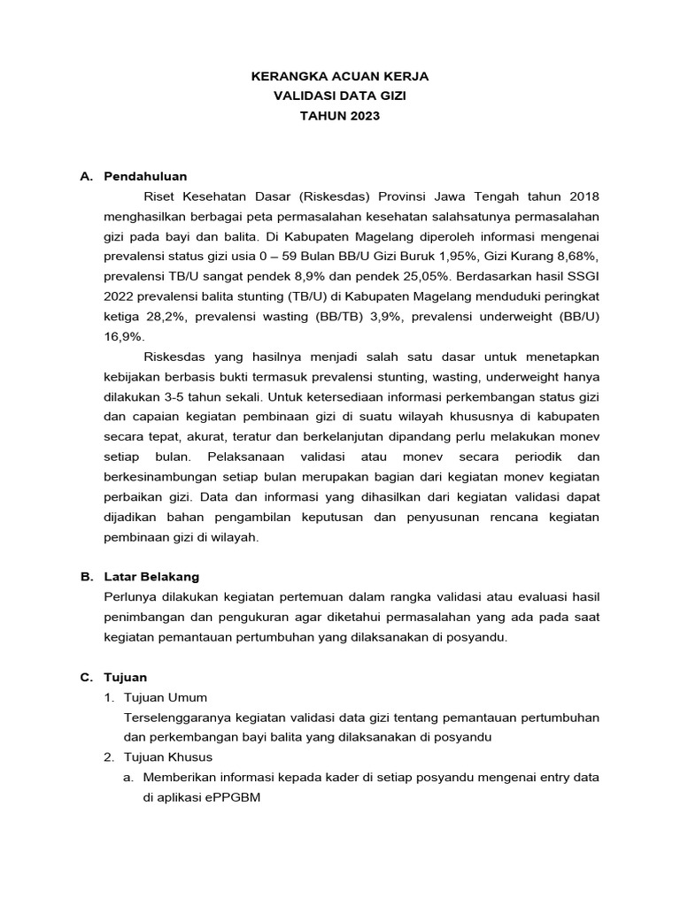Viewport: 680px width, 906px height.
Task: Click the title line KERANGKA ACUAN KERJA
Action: [x=340, y=77]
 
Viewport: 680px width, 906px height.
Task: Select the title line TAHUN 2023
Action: [x=340, y=116]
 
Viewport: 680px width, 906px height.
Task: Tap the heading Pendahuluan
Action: [x=145, y=176]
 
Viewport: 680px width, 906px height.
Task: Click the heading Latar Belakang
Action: [x=151, y=576]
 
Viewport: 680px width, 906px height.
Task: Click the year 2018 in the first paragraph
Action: [x=583, y=196]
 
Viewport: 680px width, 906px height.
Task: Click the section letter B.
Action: [x=86, y=576]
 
